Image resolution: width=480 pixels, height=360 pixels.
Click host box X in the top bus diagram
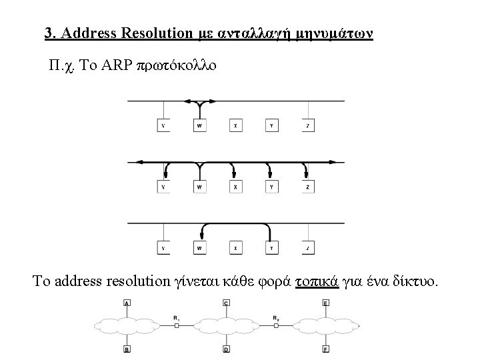(x=235, y=125)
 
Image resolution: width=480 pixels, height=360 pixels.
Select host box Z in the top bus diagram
(x=307, y=125)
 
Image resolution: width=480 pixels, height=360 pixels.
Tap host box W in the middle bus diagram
(x=199, y=187)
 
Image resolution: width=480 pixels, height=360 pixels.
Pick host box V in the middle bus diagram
(x=163, y=187)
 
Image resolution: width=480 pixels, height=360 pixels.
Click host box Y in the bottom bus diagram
(x=271, y=249)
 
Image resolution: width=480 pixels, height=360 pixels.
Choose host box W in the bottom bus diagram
(x=199, y=249)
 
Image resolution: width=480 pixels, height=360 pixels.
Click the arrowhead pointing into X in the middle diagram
(x=235, y=176)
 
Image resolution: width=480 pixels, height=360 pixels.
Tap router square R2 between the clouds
(x=275, y=325)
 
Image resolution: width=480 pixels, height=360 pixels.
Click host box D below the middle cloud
(x=226, y=348)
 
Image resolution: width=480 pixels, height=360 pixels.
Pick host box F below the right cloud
(x=325, y=348)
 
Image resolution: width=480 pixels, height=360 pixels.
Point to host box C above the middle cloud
(x=226, y=304)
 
